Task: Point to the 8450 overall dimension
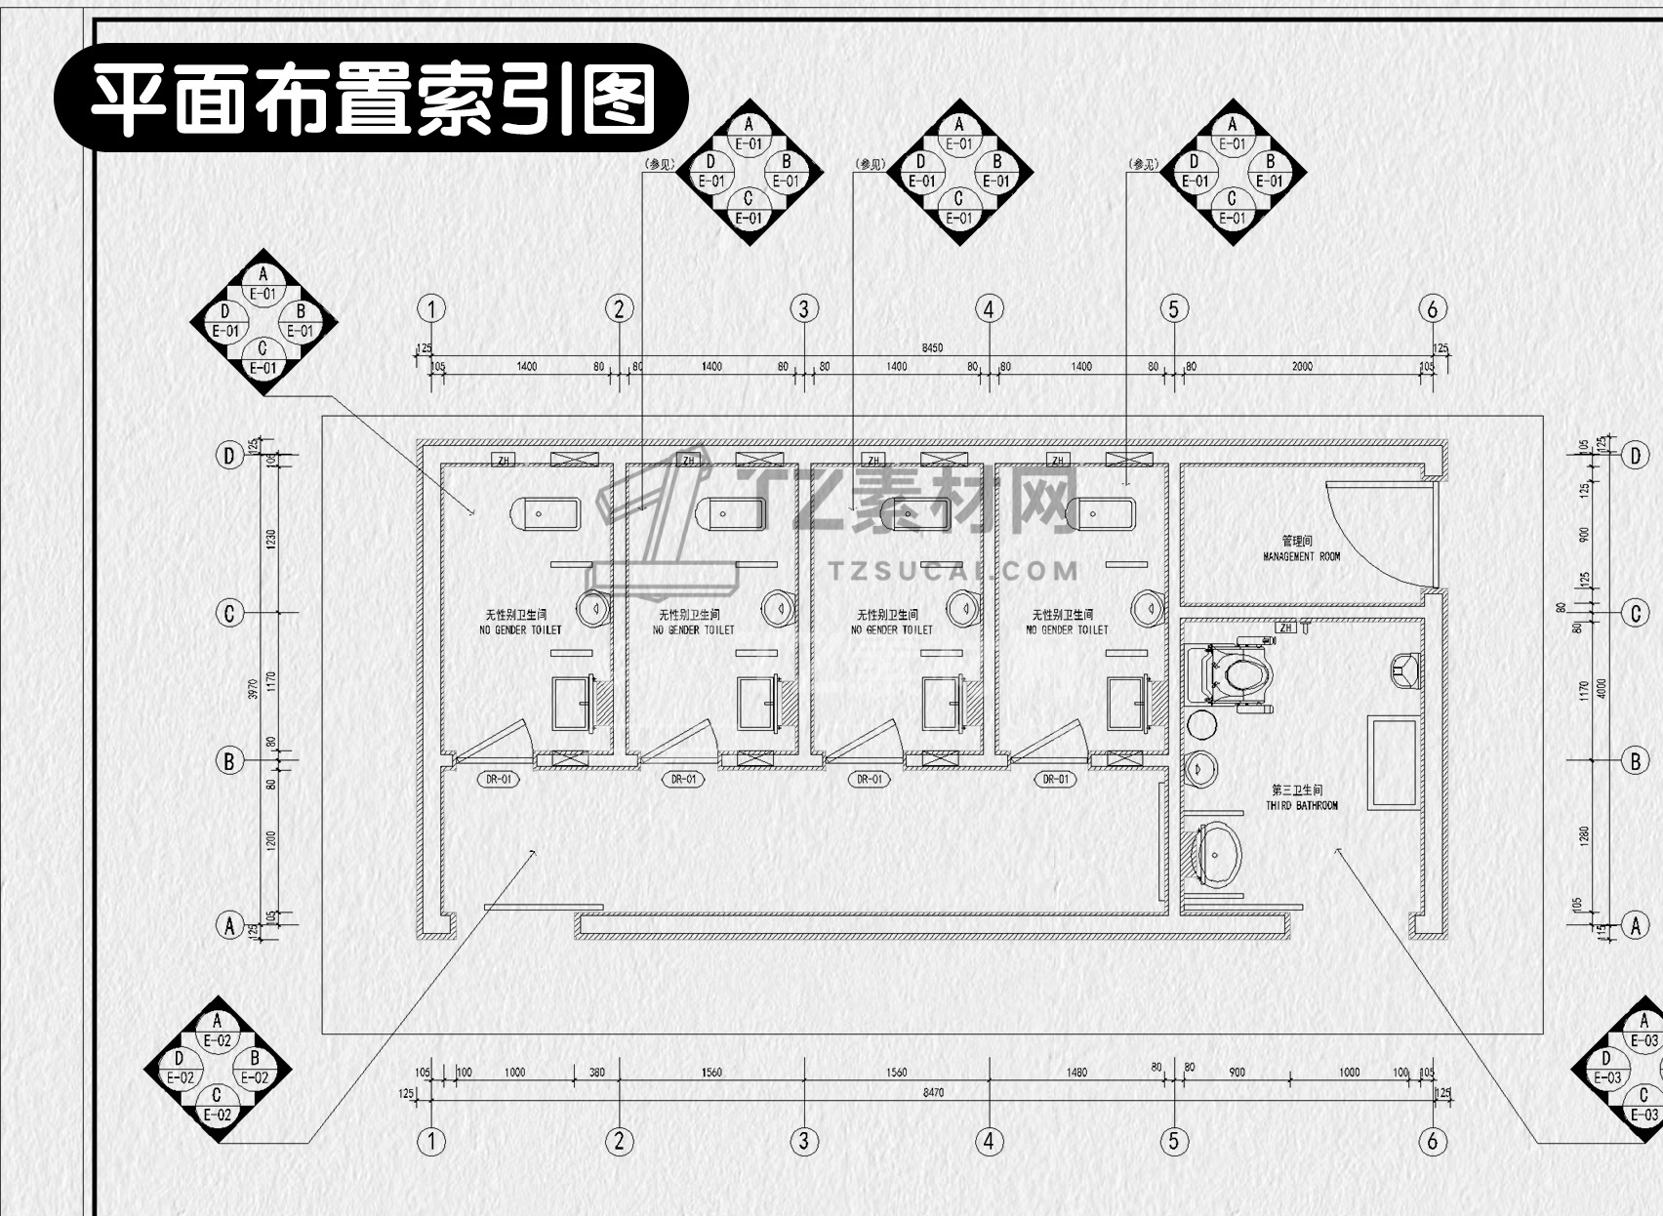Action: pos(932,348)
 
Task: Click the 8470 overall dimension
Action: pos(933,1093)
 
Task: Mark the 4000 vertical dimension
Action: pos(1600,688)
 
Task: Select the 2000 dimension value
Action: pos(1302,367)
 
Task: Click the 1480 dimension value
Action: pos(1076,1073)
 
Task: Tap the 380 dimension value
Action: pos(596,1073)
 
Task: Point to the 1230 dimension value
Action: pos(271,539)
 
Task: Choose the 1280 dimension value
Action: pos(1584,835)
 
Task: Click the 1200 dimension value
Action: pos(271,840)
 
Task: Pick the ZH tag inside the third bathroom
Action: pos(1286,628)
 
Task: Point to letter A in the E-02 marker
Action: pos(217,1022)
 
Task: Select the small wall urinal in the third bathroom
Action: pos(1403,669)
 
